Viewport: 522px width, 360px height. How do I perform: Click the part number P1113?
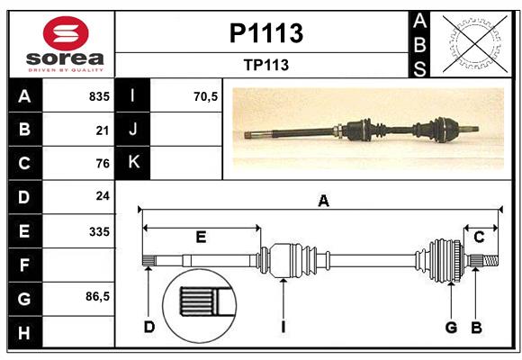click(266, 33)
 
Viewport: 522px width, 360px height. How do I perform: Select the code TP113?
click(265, 65)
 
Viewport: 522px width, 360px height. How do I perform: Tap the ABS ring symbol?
click(472, 42)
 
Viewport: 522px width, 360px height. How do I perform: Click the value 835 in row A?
click(98, 96)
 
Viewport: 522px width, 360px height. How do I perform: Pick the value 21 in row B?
click(102, 130)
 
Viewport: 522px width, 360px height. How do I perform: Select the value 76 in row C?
click(102, 163)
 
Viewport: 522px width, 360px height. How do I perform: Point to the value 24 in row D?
click(102, 195)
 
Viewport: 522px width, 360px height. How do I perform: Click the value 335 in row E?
click(98, 231)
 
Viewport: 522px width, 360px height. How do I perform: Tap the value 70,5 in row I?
click(206, 96)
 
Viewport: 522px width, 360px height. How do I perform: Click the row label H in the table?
click(24, 332)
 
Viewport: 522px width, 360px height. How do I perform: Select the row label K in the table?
click(133, 162)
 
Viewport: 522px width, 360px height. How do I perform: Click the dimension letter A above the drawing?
click(323, 202)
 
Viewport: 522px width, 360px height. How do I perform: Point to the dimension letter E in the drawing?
click(201, 237)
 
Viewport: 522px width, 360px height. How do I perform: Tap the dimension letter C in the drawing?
click(480, 237)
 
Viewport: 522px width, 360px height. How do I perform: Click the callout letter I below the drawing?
click(283, 327)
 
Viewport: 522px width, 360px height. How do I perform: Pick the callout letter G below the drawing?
click(451, 327)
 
